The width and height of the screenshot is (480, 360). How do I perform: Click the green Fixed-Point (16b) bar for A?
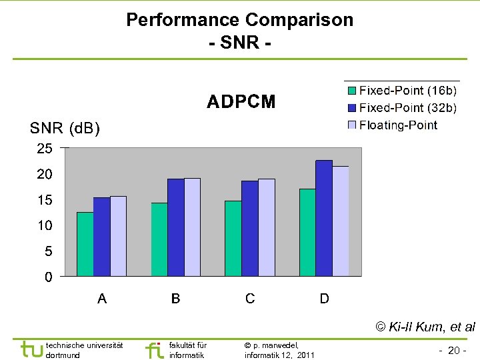85,244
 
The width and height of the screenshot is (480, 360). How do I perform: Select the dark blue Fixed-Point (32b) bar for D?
324,218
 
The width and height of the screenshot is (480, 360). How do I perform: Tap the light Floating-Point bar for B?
192,227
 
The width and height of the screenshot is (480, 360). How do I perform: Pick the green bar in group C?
233,238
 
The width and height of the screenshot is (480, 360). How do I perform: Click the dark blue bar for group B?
176,227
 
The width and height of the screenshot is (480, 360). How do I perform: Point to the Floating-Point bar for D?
341,221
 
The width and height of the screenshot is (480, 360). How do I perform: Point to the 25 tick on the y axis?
45,149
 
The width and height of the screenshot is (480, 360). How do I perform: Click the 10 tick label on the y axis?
45,226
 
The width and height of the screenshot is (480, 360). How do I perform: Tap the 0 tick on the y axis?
49,277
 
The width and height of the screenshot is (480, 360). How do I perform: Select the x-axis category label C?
250,299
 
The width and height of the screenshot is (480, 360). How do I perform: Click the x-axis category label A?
102,299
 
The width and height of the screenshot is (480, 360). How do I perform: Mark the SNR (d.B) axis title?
65,128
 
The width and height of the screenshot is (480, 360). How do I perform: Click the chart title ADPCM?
241,102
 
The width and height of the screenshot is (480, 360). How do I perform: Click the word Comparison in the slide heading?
299,20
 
